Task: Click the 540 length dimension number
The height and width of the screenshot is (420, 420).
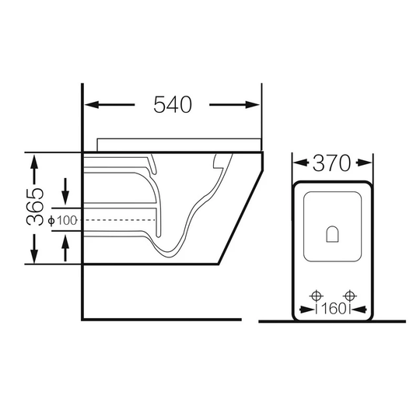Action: pos(173,104)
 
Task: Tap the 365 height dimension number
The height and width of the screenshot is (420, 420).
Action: pos(35,207)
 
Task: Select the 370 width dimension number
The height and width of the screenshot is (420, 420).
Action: pos(331,163)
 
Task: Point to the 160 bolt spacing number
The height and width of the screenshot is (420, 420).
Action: pos(333,309)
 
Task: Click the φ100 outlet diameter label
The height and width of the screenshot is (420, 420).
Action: pos(63,220)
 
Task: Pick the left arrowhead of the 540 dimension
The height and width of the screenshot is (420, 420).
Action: pos(92,105)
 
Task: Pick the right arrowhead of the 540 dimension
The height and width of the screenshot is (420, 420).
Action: pos(252,105)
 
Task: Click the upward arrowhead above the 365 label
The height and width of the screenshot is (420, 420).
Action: pos(34,161)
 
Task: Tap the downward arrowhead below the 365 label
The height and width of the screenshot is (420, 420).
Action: pos(34,257)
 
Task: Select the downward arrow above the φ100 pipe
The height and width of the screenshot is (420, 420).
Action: pos(65,191)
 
